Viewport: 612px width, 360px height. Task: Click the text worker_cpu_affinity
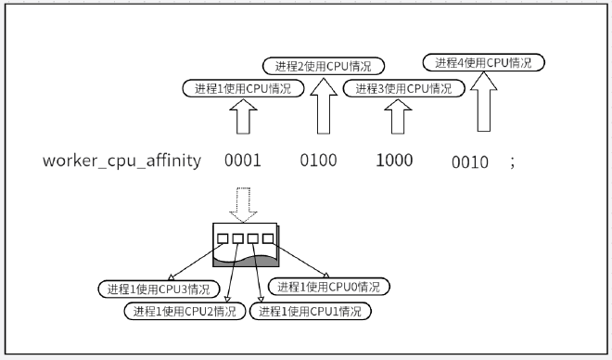(x=121, y=161)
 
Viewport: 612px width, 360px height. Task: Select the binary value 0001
(x=242, y=161)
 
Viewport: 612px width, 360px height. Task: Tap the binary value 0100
(x=318, y=161)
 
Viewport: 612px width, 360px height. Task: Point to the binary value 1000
(x=394, y=161)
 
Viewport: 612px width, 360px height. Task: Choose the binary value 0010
(x=470, y=162)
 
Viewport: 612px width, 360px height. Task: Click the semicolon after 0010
(x=511, y=162)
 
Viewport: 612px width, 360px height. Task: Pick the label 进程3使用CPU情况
(x=403, y=89)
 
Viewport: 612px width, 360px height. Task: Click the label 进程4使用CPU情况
(x=483, y=63)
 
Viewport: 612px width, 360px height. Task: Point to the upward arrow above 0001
(x=242, y=120)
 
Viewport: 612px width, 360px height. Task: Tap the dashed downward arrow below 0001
(x=244, y=205)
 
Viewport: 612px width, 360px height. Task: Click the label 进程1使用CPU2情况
(x=185, y=311)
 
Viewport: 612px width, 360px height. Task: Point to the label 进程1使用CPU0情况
(x=329, y=287)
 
